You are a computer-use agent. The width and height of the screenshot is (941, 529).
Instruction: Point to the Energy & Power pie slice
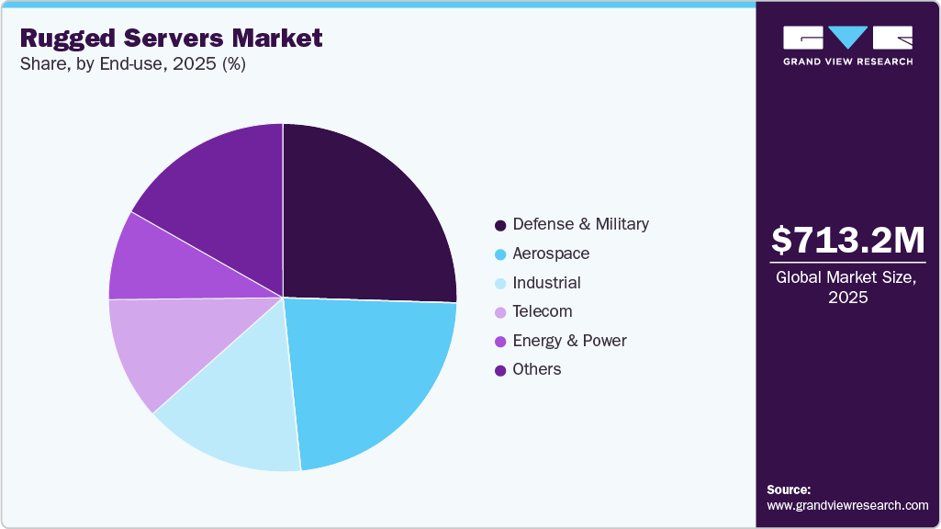tap(156, 262)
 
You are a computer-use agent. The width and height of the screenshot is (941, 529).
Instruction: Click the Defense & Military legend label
tap(580, 224)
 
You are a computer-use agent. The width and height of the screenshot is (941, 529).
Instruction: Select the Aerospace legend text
tap(551, 253)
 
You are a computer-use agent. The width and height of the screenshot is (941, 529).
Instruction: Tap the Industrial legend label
tap(546, 283)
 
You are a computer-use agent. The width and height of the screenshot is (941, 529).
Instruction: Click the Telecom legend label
tap(542, 311)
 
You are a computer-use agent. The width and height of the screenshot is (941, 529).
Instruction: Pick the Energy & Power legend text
tap(569, 341)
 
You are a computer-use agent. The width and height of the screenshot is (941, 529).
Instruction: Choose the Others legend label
tap(537, 369)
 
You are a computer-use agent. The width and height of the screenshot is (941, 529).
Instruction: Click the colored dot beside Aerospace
tap(500, 254)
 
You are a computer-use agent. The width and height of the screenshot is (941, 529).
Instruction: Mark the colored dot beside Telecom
tap(500, 312)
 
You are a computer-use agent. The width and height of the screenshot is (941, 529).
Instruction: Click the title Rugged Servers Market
tap(171, 39)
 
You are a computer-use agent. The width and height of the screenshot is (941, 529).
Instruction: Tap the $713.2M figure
tap(847, 241)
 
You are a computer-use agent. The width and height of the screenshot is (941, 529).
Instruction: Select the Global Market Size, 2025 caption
tap(847, 287)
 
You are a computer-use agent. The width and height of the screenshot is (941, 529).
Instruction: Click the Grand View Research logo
tap(847, 45)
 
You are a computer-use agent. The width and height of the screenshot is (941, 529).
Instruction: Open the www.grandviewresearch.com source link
tap(847, 505)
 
